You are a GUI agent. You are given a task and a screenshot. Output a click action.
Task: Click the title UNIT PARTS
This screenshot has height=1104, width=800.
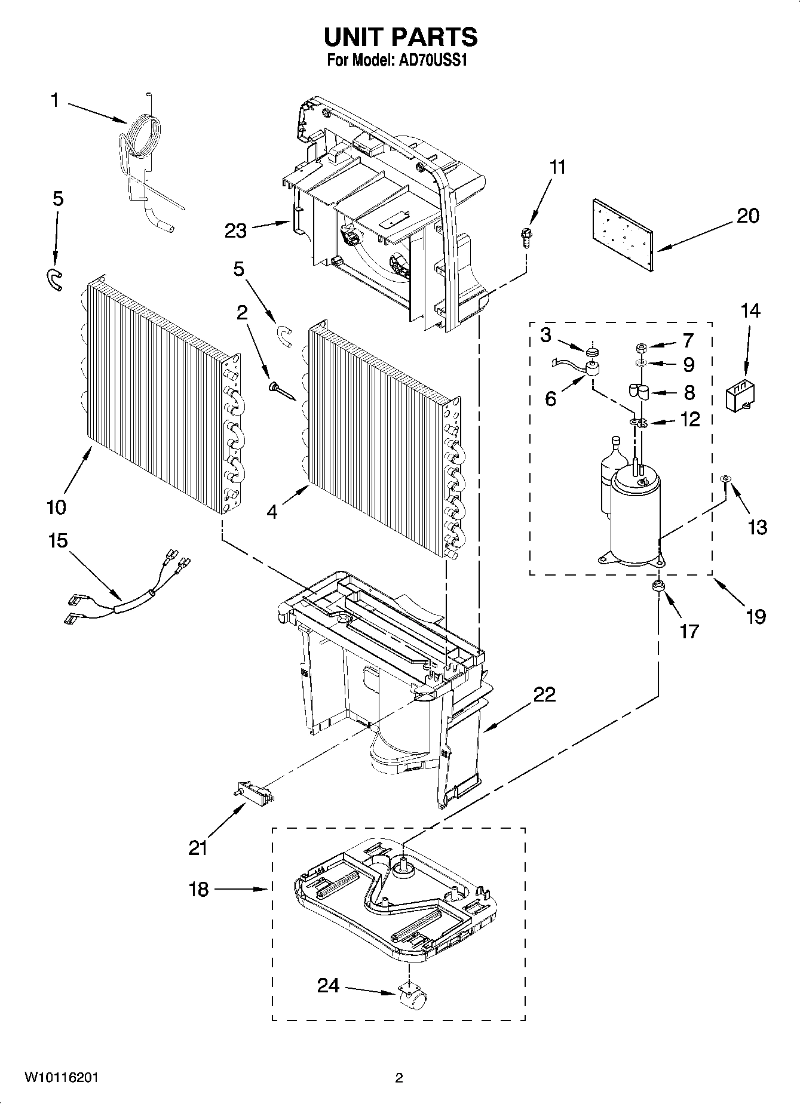point(400,37)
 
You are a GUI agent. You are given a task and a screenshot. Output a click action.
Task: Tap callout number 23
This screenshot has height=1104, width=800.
point(235,231)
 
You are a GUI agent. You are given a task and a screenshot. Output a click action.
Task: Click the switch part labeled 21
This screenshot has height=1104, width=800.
point(253,793)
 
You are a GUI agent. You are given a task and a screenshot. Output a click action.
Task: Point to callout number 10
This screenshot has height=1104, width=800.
point(56,508)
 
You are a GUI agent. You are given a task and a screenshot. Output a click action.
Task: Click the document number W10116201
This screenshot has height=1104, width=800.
point(61,1077)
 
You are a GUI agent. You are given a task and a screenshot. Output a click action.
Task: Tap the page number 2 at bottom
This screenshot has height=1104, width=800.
point(399,1077)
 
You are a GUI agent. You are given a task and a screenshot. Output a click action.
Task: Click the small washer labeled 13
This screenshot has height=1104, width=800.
point(725,479)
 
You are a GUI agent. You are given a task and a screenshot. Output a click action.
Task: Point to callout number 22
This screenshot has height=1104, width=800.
point(544,694)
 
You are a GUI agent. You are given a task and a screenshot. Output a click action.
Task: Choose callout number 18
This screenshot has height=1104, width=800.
point(198,890)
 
